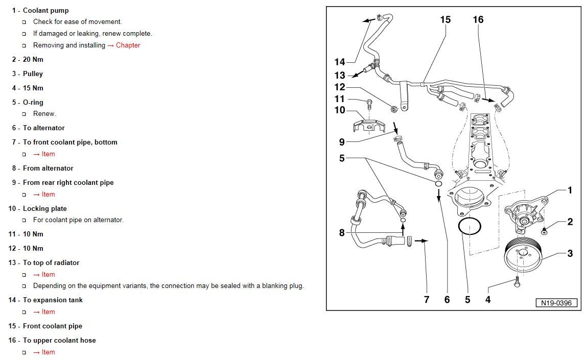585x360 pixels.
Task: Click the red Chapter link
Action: pos(128,45)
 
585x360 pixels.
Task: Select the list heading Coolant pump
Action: pos(45,10)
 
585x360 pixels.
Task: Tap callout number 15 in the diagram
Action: pos(445,20)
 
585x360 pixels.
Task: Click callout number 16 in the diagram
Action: pos(478,20)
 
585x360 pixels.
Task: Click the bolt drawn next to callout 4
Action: pos(517,281)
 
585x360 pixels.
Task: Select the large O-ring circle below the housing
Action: pos(470,226)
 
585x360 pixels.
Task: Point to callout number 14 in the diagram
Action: pos(340,62)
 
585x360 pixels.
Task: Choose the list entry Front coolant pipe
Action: pos(52,326)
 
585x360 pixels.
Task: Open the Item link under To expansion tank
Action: pos(48,312)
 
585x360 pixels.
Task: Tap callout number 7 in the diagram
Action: pos(427,300)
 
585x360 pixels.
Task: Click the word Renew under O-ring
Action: pos(44,114)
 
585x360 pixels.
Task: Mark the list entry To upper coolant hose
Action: pos(59,340)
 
